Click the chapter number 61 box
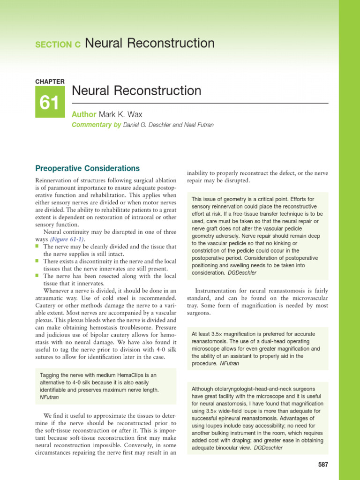tap(49, 103)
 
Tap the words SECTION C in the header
tap(58, 45)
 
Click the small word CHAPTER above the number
tap(50, 82)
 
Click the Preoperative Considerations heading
tap(88, 168)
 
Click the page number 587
tap(323, 465)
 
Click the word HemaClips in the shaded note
tap(122, 375)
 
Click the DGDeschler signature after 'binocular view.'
tap(271, 448)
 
